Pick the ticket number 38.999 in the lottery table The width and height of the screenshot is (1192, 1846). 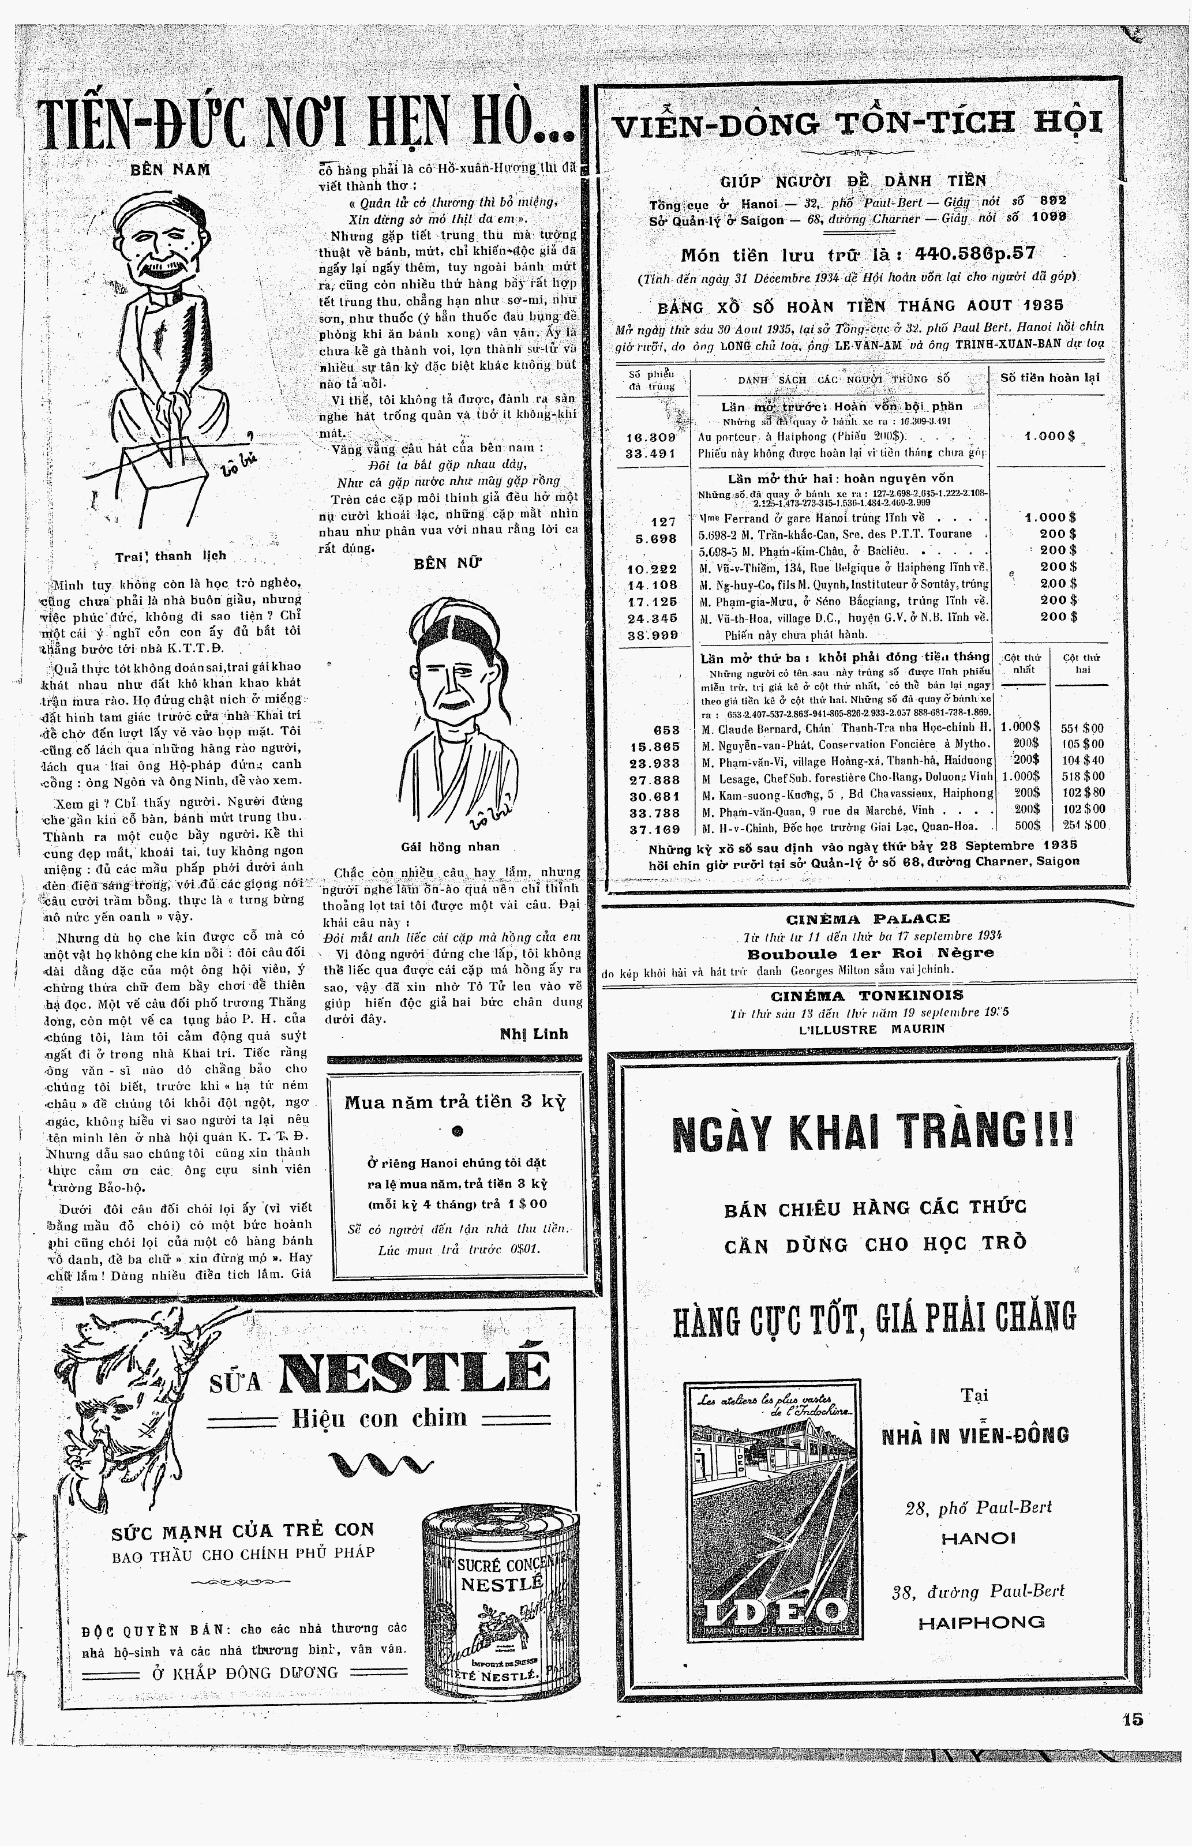[x=653, y=635]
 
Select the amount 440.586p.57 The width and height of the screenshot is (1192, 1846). [x=974, y=254]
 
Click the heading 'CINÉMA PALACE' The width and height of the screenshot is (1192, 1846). [x=868, y=919]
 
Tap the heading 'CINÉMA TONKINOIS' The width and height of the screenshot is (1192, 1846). [x=867, y=996]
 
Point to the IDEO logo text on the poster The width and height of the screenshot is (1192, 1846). [x=773, y=1612]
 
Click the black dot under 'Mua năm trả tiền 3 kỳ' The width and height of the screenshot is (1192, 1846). [x=457, y=1131]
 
